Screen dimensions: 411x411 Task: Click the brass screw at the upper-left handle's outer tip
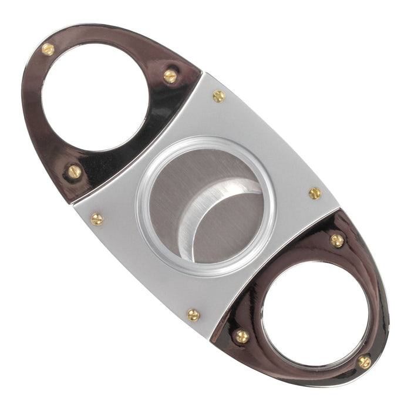[x=48, y=49]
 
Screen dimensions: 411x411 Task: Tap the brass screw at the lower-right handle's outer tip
[x=364, y=362]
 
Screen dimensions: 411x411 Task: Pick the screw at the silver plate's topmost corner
[x=218, y=96]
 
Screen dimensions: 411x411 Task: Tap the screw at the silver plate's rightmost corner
[x=315, y=193]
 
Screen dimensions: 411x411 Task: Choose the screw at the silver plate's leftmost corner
[x=97, y=220]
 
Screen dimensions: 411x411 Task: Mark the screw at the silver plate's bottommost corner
[x=194, y=315]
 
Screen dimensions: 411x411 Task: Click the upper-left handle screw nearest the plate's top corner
[x=170, y=76]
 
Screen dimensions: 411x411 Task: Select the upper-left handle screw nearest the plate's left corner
[x=74, y=171]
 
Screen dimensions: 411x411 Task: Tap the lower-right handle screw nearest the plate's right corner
[x=337, y=240]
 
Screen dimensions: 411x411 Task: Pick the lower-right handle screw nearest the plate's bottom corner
[x=241, y=336]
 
